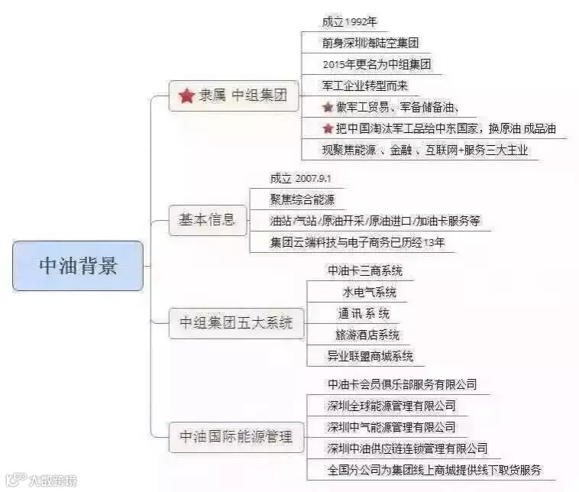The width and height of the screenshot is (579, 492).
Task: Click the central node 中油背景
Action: [78, 266]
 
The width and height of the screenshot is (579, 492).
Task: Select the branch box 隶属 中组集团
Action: [233, 97]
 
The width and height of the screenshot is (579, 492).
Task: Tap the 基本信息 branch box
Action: [202, 221]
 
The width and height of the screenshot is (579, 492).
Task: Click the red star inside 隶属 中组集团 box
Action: [186, 97]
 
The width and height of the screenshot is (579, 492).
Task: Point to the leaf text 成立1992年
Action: [349, 22]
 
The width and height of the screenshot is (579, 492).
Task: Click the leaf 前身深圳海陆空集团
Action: [370, 44]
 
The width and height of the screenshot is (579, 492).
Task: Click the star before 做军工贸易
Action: [328, 108]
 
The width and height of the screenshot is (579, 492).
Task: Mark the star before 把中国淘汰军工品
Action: [328, 129]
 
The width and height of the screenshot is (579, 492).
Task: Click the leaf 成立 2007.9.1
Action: [300, 179]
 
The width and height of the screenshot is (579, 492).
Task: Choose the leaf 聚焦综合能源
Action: [302, 199]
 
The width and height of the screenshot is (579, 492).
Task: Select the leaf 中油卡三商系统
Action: [364, 270]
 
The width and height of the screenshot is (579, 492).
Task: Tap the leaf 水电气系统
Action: [369, 292]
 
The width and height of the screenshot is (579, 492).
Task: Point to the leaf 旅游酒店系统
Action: [367, 335]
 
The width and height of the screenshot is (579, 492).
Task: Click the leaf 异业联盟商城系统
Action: [370, 356]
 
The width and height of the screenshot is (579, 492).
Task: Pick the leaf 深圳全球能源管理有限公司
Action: [391, 406]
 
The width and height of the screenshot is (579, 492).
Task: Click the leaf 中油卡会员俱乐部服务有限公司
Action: [402, 384]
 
